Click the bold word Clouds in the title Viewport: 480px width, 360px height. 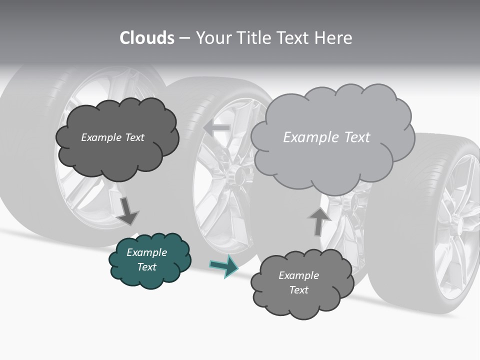[x=147, y=38]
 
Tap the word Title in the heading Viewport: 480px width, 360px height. [x=253, y=38]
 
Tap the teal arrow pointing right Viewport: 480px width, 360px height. [x=223, y=266]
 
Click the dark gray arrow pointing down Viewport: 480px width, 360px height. [x=127, y=210]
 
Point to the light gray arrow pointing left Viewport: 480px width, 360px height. [x=217, y=128]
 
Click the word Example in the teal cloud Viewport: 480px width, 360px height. [x=146, y=252]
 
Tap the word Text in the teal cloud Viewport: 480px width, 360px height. [x=146, y=267]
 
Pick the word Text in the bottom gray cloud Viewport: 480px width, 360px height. [x=298, y=290]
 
